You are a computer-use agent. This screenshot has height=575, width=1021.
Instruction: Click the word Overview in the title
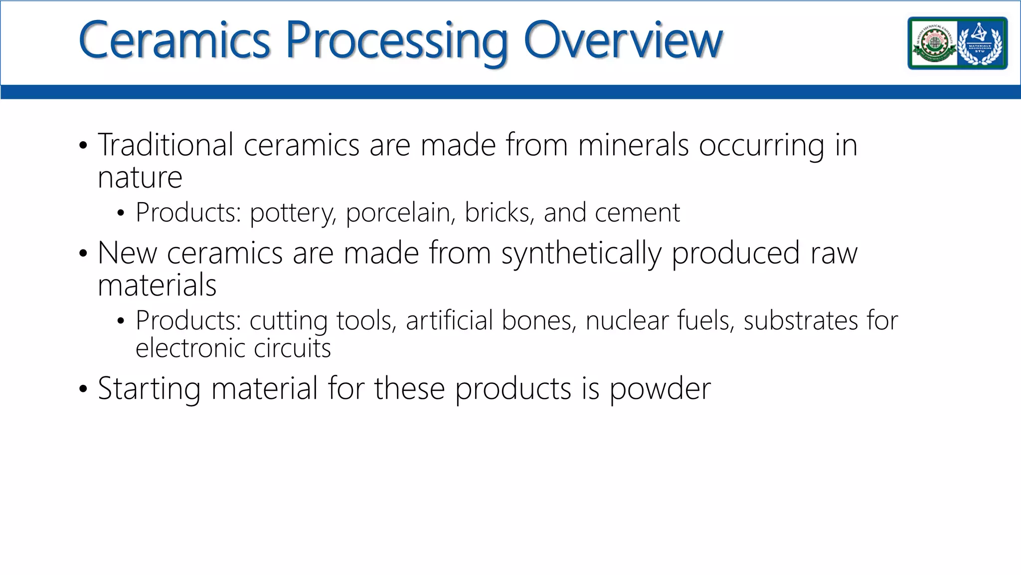coord(623,40)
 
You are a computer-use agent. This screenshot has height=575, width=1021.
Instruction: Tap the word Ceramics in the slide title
coord(174,40)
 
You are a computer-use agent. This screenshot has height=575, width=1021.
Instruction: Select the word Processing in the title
coord(396,42)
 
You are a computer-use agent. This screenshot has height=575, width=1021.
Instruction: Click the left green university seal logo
coord(933,43)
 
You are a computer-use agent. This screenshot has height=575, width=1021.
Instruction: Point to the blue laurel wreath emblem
coord(981,43)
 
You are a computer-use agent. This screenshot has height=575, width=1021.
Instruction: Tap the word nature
coord(140,178)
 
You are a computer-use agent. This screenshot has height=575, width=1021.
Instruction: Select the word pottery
coord(292,214)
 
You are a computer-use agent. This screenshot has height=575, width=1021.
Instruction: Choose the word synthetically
coord(581,254)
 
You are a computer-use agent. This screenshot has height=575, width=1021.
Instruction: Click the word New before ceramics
coord(127,253)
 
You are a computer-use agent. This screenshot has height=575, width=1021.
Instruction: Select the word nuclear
coord(627,320)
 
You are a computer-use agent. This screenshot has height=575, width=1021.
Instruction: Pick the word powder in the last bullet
coord(660,389)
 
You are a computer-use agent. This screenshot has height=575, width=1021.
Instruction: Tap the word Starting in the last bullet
coord(149,389)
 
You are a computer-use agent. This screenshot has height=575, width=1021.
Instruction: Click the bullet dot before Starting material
coord(83,389)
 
